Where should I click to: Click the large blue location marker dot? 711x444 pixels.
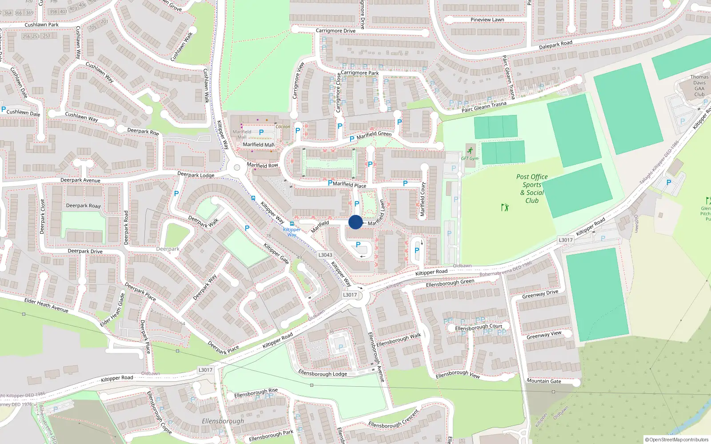pyautogui.click(x=355, y=222)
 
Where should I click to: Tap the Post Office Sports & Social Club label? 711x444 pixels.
pyautogui.click(x=532, y=189)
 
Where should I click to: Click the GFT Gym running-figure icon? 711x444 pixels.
pyautogui.click(x=470, y=151)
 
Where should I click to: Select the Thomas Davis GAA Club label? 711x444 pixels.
pyautogui.click(x=699, y=86)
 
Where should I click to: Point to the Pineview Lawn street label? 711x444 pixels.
pyautogui.click(x=487, y=20)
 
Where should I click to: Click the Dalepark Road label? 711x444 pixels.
pyautogui.click(x=555, y=45)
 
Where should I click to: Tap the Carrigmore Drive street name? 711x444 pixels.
pyautogui.click(x=336, y=31)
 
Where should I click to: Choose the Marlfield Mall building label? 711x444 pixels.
pyautogui.click(x=242, y=134)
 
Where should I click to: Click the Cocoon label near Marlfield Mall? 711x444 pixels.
pyautogui.click(x=283, y=127)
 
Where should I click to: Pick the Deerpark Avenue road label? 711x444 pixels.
pyautogui.click(x=80, y=180)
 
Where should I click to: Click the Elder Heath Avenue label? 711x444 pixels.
pyautogui.click(x=46, y=305)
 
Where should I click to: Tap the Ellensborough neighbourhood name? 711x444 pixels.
pyautogui.click(x=223, y=421)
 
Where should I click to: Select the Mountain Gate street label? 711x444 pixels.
pyautogui.click(x=543, y=381)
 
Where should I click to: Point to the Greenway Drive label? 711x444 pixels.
pyautogui.click(x=540, y=294)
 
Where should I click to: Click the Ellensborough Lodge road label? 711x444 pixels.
pyautogui.click(x=323, y=373)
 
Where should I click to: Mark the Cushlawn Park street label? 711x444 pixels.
pyautogui.click(x=41, y=25)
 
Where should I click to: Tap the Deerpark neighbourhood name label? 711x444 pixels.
pyautogui.click(x=168, y=249)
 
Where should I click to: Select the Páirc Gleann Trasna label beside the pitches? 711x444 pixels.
pyautogui.click(x=483, y=107)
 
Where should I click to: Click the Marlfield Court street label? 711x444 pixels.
pyautogui.click(x=423, y=199)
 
